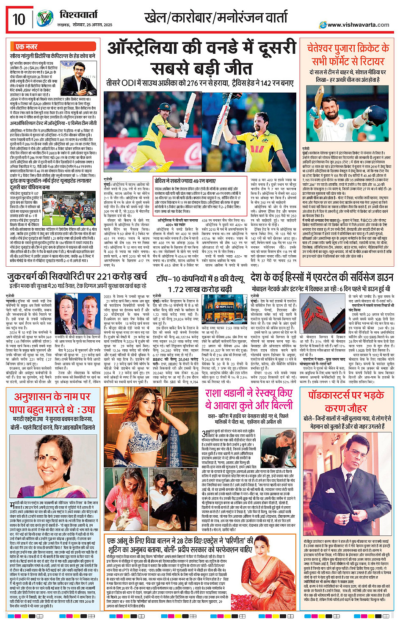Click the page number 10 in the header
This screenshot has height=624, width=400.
19,19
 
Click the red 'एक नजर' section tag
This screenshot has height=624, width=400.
26,47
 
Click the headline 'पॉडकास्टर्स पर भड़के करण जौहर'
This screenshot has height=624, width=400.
346,401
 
